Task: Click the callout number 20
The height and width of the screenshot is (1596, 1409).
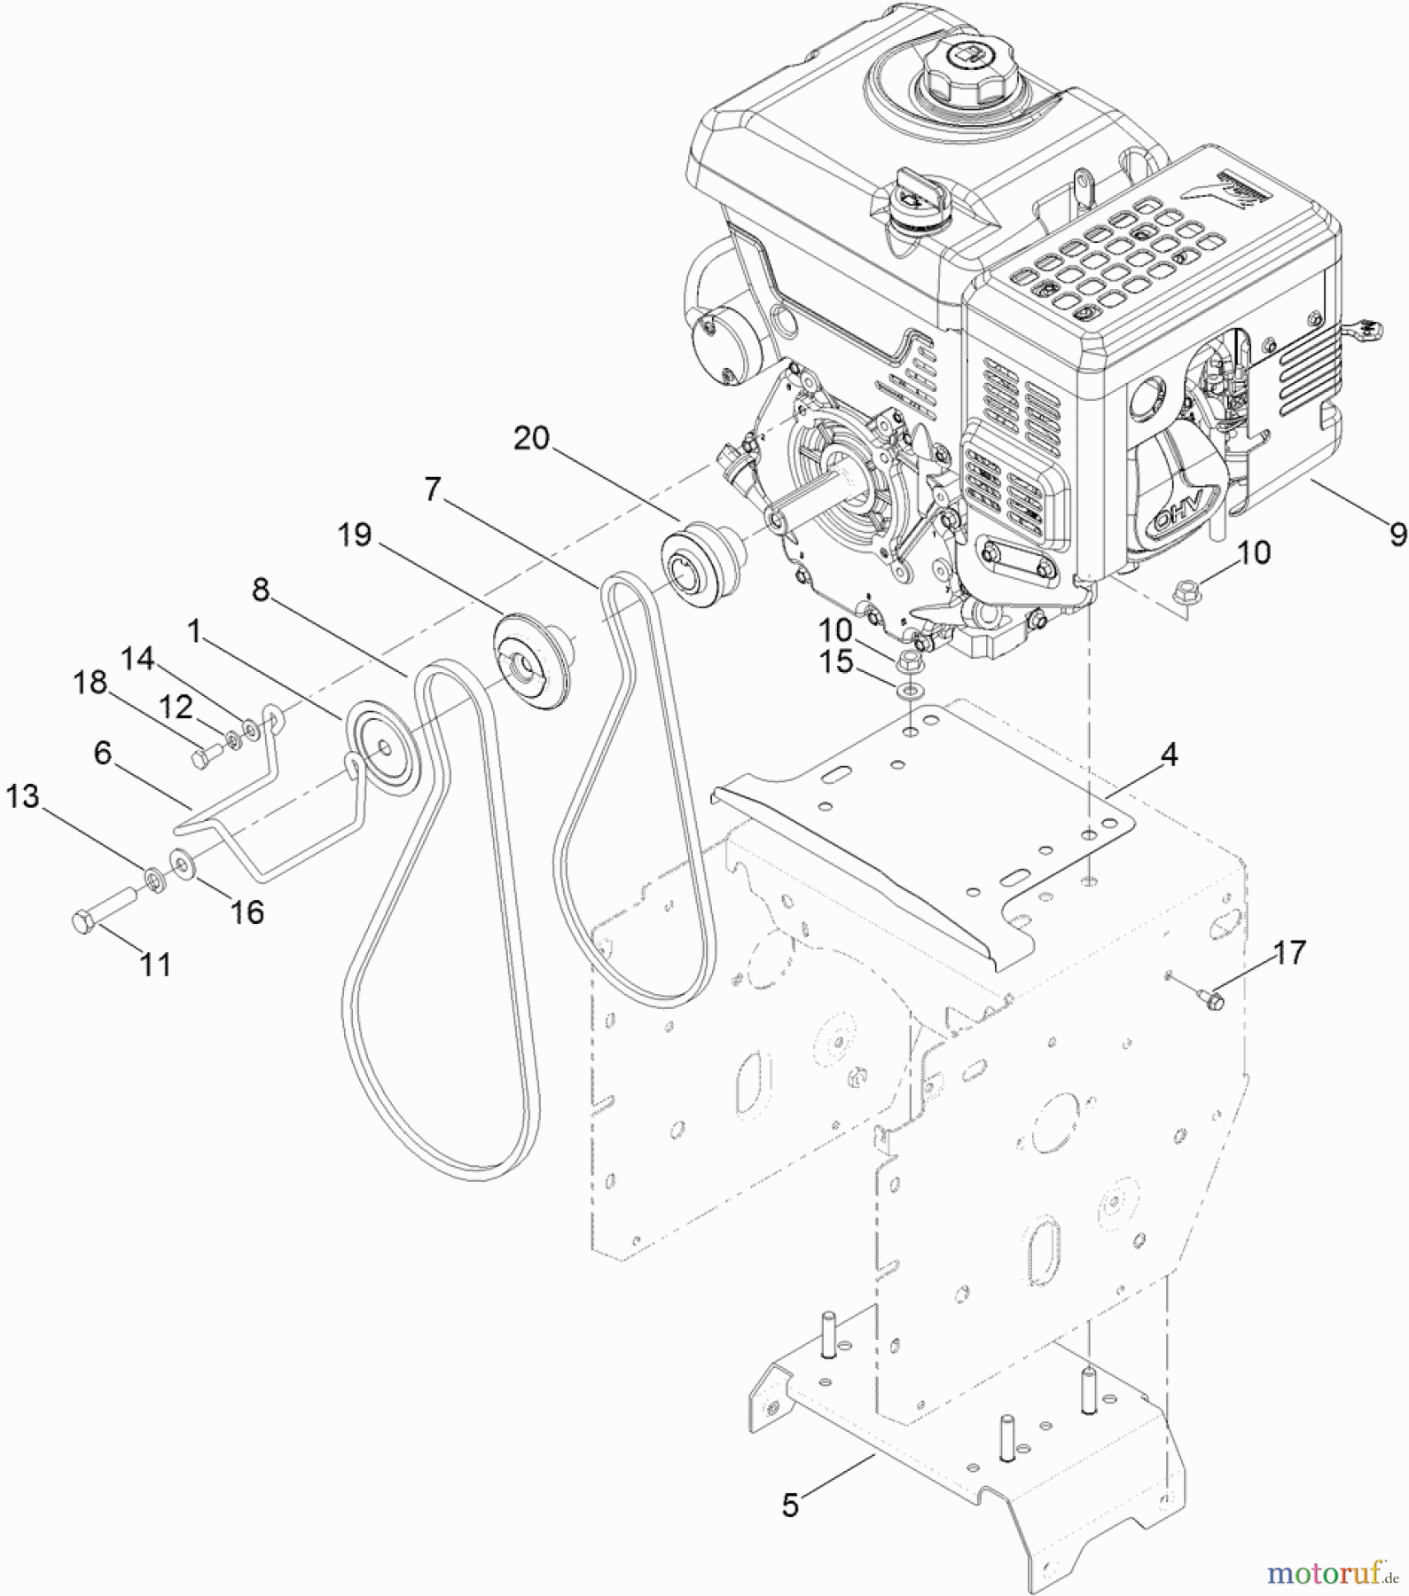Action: [x=532, y=438]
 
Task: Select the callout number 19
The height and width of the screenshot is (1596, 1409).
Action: [x=355, y=535]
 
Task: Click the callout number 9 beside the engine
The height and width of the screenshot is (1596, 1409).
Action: [x=1397, y=534]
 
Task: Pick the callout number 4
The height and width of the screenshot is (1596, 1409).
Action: [x=1170, y=755]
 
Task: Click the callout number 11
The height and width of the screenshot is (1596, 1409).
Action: [x=156, y=964]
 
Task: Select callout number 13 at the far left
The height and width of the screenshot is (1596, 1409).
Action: [x=23, y=796]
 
